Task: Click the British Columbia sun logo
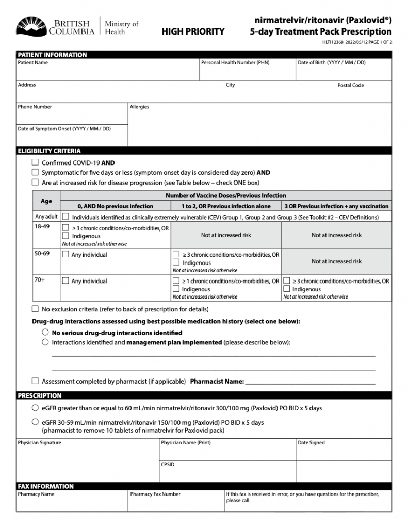pyautogui.click(x=31, y=26)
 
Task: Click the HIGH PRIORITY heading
pyautogui.click(x=193, y=31)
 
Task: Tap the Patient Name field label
pyautogui.click(x=33, y=63)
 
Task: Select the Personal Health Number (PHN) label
pyautogui.click(x=235, y=63)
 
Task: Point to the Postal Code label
pyautogui.click(x=351, y=85)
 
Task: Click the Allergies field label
pyautogui.click(x=139, y=107)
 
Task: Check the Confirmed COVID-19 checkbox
pyautogui.click(x=35, y=162)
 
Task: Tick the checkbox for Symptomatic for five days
pyautogui.click(x=35, y=172)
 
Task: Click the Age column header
pyautogui.click(x=46, y=201)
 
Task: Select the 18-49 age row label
pyautogui.click(x=42, y=226)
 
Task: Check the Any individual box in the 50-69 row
pyautogui.click(x=66, y=254)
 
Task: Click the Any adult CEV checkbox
pyautogui.click(x=66, y=217)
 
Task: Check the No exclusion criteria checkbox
pyautogui.click(x=35, y=309)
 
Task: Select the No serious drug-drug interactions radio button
pyautogui.click(x=45, y=333)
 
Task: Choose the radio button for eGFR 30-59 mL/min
pyautogui.click(x=35, y=422)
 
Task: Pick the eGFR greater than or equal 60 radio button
pyautogui.click(x=35, y=408)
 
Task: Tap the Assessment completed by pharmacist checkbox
pyautogui.click(x=35, y=381)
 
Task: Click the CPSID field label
pyautogui.click(x=168, y=464)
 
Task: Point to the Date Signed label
pyautogui.click(x=311, y=442)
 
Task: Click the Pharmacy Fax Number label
pyautogui.click(x=155, y=494)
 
